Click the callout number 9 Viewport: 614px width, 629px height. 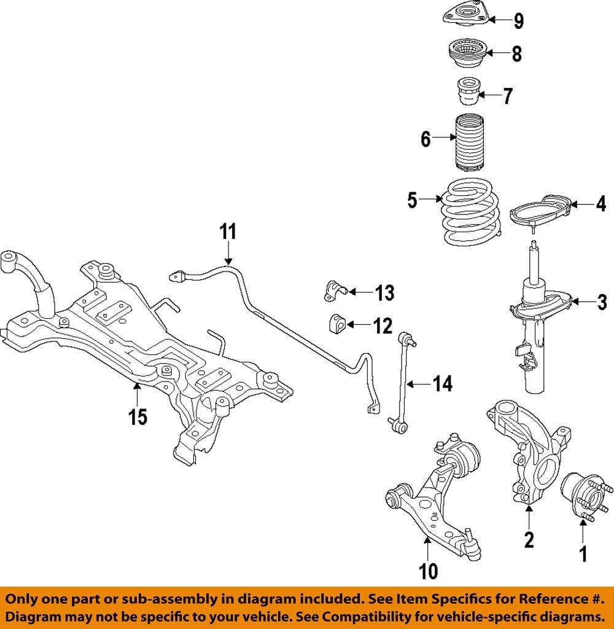click(519, 21)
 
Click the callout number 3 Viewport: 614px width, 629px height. click(602, 302)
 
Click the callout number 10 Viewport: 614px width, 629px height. click(429, 571)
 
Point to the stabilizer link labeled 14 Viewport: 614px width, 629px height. click(402, 381)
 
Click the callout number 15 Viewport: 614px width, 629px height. click(138, 417)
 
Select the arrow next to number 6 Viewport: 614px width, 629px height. click(443, 139)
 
